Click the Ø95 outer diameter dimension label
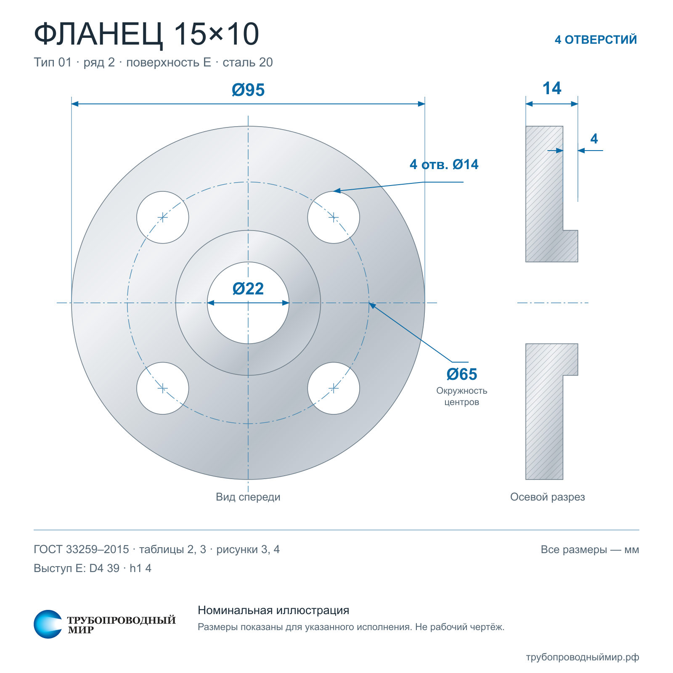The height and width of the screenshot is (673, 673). tap(248, 90)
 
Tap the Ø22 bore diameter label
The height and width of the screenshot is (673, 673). tap(248, 289)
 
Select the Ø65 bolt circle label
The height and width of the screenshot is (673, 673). tap(462, 374)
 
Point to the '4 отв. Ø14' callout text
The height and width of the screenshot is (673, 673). tap(444, 164)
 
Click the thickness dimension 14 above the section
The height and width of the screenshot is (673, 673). tap(552, 88)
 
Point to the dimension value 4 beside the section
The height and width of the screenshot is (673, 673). tap(594, 138)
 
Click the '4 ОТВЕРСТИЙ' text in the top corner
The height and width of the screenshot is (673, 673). tap(596, 40)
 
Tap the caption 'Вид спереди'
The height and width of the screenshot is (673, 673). tap(248, 497)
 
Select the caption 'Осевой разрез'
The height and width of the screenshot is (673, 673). tap(547, 497)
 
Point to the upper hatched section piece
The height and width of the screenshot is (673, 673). tap(544, 194)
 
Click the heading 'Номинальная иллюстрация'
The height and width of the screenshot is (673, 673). tap(273, 610)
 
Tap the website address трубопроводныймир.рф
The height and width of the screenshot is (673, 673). tap(583, 657)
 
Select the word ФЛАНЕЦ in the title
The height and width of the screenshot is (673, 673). tap(98, 34)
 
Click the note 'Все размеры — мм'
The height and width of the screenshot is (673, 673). tap(590, 549)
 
